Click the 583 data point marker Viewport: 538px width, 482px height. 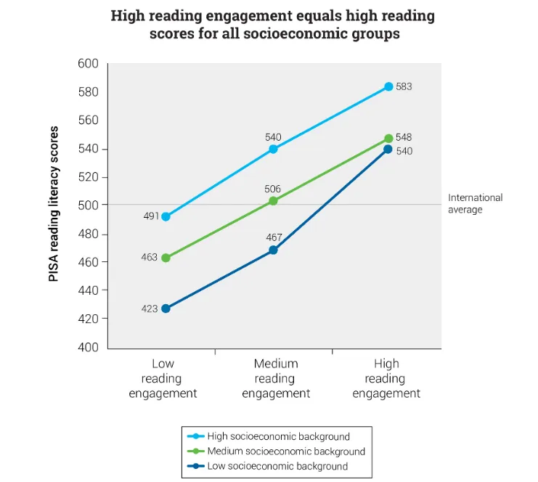[x=388, y=86]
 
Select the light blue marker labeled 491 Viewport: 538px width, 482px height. [x=166, y=216]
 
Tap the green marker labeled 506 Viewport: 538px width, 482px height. [x=273, y=200]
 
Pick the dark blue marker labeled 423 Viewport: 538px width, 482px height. [x=166, y=309]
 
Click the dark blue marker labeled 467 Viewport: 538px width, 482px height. [x=273, y=250]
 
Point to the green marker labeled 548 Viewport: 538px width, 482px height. [x=388, y=138]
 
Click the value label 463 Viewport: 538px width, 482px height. [x=150, y=258]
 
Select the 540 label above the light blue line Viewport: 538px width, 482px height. [x=273, y=136]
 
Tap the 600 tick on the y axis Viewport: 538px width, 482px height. [x=88, y=64]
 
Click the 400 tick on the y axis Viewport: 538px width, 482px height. [x=88, y=347]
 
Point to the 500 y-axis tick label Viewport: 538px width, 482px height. [x=88, y=205]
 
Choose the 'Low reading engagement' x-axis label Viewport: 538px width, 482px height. [x=163, y=378]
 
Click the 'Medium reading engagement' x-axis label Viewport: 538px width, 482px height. [x=276, y=378]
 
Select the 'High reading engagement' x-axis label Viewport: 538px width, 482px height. [x=386, y=378]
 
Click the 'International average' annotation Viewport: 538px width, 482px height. [x=475, y=203]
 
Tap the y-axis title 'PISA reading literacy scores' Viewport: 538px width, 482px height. [x=54, y=205]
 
